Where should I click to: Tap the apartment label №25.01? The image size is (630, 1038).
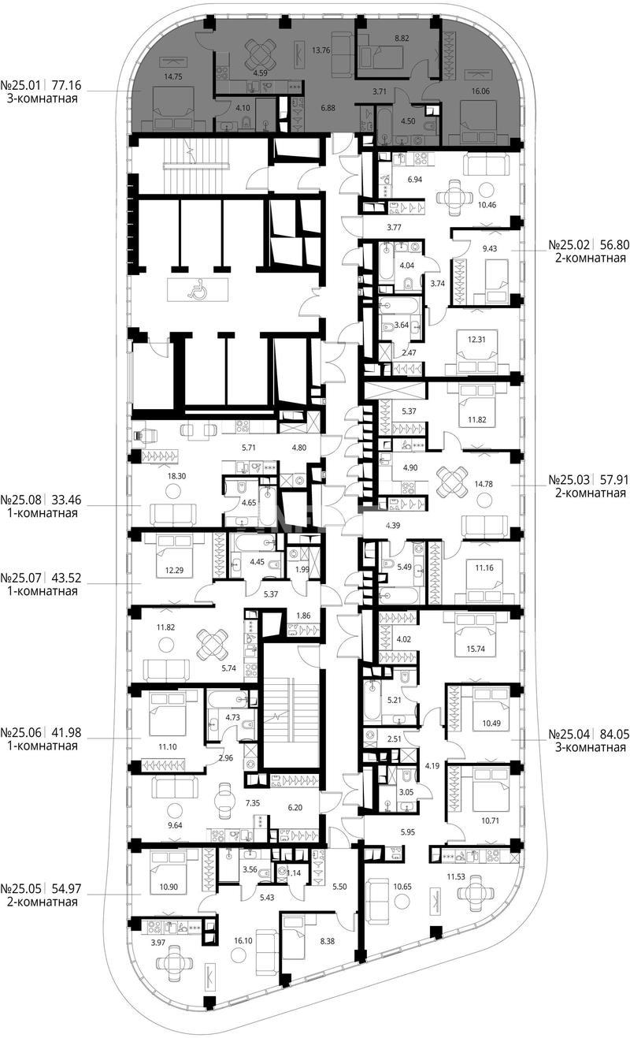pos(20,85)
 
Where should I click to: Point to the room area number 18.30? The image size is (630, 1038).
pos(176,476)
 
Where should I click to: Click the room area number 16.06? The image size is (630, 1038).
pos(480,91)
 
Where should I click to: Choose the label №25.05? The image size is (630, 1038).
pos(20,888)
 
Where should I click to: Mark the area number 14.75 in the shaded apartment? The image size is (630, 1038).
pos(173,77)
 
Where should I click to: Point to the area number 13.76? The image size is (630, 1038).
pos(321,50)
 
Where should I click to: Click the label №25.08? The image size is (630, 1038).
pos(20,500)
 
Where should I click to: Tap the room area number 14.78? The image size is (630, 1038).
pos(484,484)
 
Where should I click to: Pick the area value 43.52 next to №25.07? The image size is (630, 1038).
pos(67,578)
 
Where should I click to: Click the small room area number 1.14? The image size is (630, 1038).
pos(294,873)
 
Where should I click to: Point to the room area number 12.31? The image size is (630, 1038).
pos(476,339)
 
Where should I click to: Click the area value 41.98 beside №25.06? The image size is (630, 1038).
pos(67,733)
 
